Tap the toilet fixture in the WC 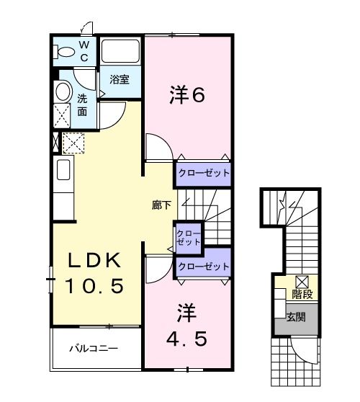[x=65, y=51]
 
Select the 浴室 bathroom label [x=120, y=81]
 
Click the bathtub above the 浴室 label [x=120, y=52]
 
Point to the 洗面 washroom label [x=83, y=105]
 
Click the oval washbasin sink [x=62, y=91]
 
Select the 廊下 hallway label [x=161, y=205]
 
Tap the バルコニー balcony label [x=94, y=349]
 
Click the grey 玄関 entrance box [x=296, y=317]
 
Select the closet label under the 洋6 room [x=204, y=174]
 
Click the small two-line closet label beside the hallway [x=189, y=237]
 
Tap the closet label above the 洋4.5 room [x=204, y=266]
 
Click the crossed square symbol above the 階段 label [x=302, y=282]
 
